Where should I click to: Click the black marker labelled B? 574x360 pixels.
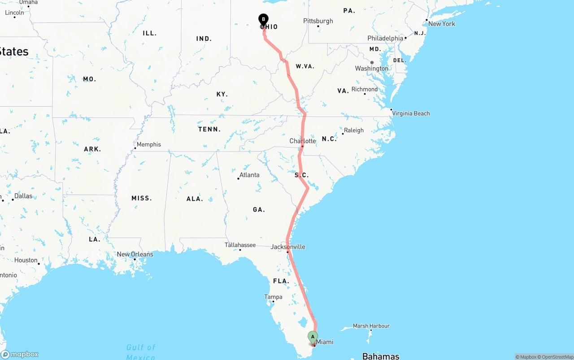(x=263, y=19)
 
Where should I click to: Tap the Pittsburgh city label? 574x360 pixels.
(x=318, y=21)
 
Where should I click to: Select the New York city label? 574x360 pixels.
(x=441, y=24)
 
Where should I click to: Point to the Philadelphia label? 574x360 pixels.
(x=385, y=39)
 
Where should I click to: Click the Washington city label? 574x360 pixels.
(x=371, y=68)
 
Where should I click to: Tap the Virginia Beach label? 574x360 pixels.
(x=411, y=113)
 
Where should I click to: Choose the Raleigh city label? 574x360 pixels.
(x=354, y=130)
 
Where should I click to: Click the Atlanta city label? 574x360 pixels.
(x=249, y=175)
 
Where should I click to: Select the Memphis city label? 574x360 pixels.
(x=148, y=144)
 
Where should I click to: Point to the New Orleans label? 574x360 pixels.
(x=135, y=254)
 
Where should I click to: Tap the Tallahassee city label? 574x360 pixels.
(x=240, y=245)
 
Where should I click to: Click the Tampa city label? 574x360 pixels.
(x=273, y=297)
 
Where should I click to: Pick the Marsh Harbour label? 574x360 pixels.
(x=371, y=326)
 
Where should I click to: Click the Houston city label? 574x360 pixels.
(x=26, y=260)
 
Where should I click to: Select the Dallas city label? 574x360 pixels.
(x=23, y=196)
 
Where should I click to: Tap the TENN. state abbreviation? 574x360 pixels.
(x=209, y=129)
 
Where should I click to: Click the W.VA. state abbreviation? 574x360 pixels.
(x=305, y=66)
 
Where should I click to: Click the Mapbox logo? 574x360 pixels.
(x=20, y=354)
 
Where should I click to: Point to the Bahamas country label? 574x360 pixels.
(x=381, y=356)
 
